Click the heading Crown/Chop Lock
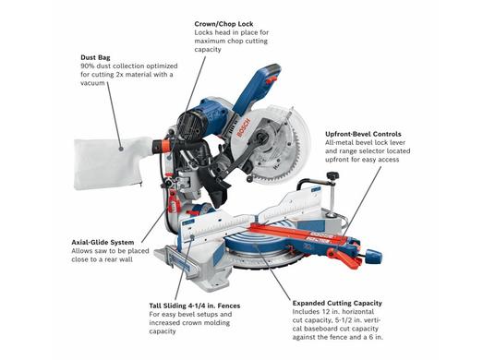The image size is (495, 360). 223,24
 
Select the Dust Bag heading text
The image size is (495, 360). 95,58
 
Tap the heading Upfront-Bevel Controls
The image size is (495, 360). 363,134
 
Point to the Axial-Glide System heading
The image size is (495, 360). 103,243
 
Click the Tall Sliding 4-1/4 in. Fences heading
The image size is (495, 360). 195,306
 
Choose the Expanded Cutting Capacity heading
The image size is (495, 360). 337,303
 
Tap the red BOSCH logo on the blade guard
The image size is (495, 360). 243,127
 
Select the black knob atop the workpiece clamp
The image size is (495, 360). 332,175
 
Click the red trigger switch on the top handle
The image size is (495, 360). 272,79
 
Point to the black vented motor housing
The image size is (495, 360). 189,125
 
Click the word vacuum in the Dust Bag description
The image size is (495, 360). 92,83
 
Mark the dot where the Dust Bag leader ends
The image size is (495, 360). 121,149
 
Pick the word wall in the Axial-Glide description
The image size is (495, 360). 126,259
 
